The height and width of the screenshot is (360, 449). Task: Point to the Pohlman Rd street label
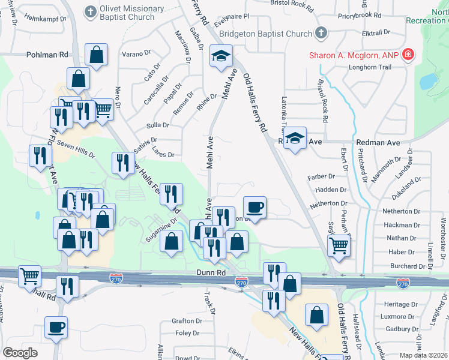coord(47,55)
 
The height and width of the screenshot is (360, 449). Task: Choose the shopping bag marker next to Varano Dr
coord(96,56)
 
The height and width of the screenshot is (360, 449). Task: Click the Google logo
coord(20,353)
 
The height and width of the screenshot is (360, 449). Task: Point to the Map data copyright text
coord(424,355)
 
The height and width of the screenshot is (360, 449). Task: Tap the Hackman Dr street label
coord(398,225)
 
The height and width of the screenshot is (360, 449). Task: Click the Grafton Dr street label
coord(185,321)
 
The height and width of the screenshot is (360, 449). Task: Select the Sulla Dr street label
coord(158,125)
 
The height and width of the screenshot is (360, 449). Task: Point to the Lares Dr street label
coord(163,155)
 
